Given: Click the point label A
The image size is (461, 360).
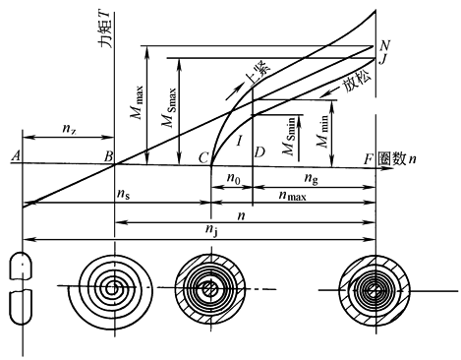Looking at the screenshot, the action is coord(16,155).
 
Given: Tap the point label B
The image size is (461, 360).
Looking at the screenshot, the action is coord(108,156).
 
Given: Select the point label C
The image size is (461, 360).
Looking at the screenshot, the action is coord(203,158).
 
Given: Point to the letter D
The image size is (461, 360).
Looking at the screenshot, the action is coord(259,151).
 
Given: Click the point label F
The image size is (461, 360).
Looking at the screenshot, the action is coord(369,159).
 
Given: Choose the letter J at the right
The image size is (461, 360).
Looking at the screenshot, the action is coord(382,60).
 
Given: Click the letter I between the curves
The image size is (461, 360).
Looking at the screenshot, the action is coord(240,141).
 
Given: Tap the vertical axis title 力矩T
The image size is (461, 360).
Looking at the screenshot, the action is coord(106,29).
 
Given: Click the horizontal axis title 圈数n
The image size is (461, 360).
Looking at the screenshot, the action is coord(397,159).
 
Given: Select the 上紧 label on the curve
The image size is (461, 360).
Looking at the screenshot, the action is coord(259,74).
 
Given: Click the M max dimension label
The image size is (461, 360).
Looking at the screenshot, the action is coord(138,102).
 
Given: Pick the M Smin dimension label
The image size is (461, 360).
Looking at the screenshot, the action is coord(289,136).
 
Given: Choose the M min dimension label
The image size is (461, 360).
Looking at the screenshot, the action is coord(322,131).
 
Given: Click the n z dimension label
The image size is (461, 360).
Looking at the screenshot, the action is coord(70,128).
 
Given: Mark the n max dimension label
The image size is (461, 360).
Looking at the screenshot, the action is coord(292,196).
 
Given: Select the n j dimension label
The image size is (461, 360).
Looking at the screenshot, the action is coord(211,229).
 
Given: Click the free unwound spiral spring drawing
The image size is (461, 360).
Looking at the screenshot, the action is coord(111,288).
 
